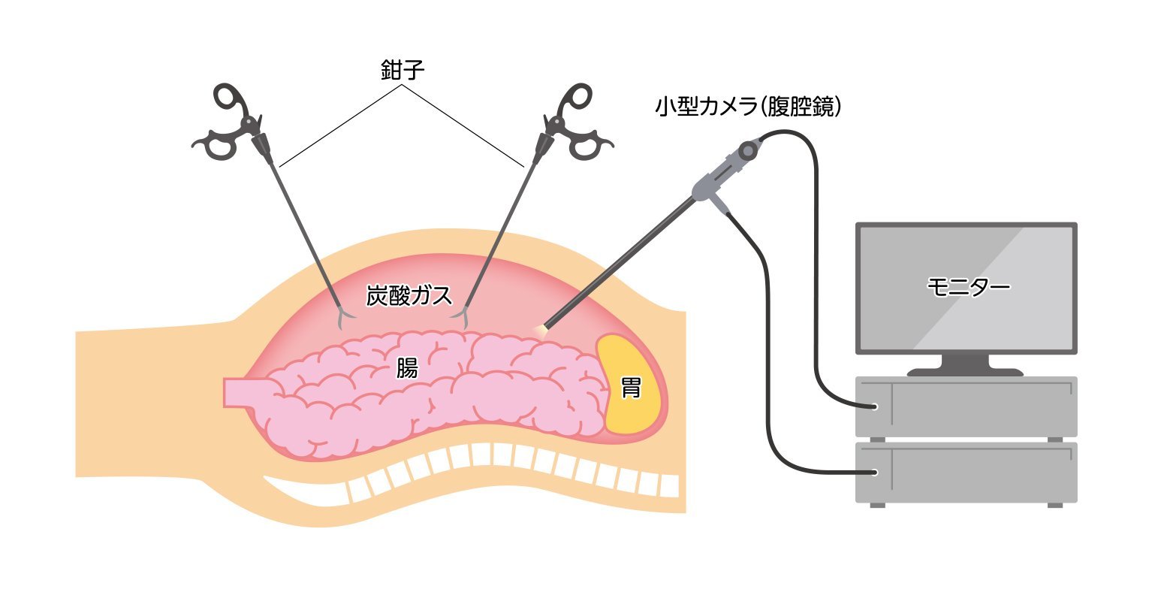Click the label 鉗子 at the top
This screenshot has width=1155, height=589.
coord(403,71)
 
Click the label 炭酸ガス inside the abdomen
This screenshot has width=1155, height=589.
coord(409,295)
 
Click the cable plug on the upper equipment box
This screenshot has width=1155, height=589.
coord(872,407)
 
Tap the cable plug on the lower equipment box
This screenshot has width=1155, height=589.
coord(872,473)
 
